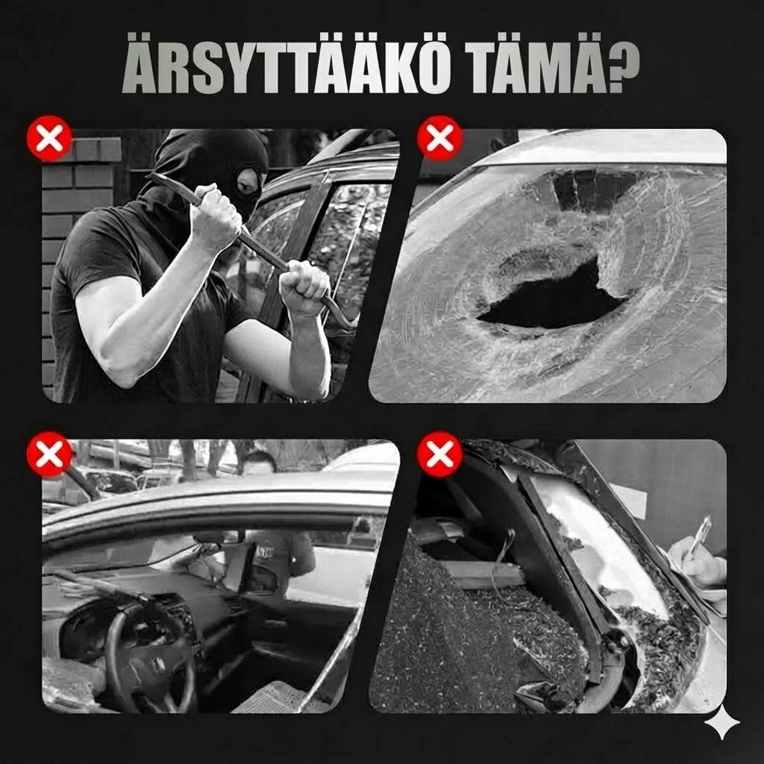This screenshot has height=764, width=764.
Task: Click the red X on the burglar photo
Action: [x=49, y=138]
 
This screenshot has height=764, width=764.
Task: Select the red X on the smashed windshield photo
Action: [x=440, y=138]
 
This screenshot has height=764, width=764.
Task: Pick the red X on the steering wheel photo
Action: [x=49, y=454]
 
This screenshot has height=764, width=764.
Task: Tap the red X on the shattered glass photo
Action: [x=440, y=454]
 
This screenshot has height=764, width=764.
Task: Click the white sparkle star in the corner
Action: [x=721, y=721]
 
